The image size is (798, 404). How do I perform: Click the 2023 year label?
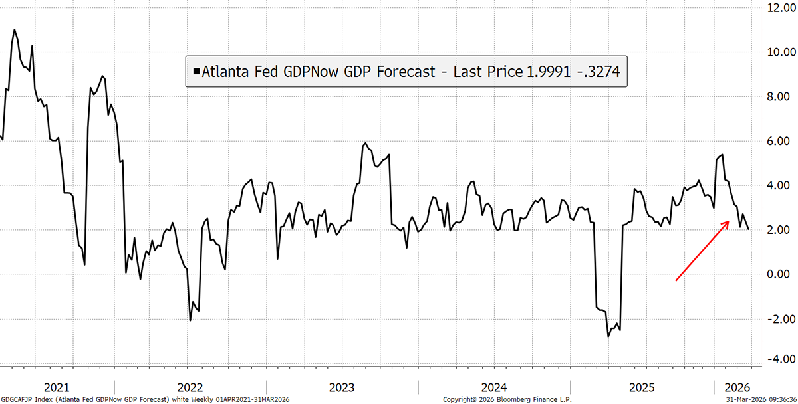342,387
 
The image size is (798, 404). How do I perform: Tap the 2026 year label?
737,387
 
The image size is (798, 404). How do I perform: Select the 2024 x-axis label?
494,387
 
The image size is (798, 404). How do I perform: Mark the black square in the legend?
196,72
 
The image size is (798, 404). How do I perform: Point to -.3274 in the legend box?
599,72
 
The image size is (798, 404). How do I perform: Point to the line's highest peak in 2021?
14,29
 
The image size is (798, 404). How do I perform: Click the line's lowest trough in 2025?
608,336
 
